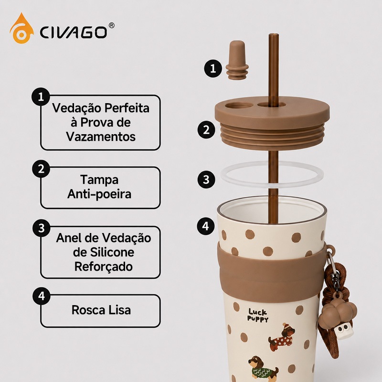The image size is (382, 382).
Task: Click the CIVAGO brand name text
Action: (x=73, y=32)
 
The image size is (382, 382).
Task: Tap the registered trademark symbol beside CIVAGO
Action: (x=111, y=25)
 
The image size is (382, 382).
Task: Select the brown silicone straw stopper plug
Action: (x=237, y=60)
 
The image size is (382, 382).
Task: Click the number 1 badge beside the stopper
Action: (x=213, y=68)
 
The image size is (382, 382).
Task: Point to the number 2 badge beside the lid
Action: (x=206, y=129)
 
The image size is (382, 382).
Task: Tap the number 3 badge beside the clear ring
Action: (x=206, y=180)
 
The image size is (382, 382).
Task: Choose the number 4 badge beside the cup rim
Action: (x=206, y=226)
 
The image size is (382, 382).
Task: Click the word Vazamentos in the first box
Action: (x=101, y=137)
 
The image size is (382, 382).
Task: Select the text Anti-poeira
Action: (x=99, y=194)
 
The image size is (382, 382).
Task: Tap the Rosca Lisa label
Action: (x=101, y=310)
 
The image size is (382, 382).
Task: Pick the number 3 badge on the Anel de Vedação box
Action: (x=42, y=228)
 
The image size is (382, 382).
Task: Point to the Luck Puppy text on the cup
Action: (x=258, y=315)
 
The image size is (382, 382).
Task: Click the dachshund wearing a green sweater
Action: (x=263, y=369)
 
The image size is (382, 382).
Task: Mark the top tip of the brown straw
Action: (x=274, y=34)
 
